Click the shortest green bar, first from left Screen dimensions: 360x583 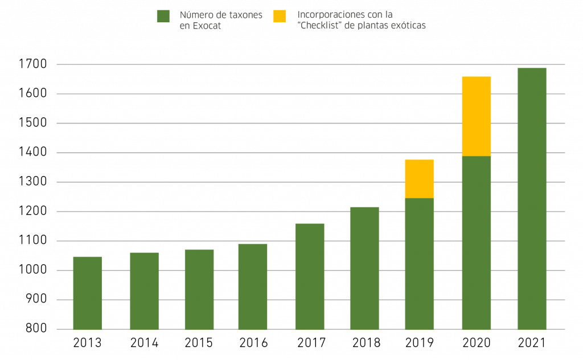pos(87,293)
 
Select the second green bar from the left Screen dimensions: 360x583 pos(144,291)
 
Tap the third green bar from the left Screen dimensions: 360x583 pos(199,289)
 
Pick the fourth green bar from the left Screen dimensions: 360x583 pos(253,286)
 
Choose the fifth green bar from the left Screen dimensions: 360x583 pos(310,276)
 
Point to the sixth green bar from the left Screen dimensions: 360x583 pos(364,268)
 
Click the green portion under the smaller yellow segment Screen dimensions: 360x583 pos(420,264)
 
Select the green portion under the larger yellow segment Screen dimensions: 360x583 pos(477,243)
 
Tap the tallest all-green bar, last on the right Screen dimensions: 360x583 pos(532,198)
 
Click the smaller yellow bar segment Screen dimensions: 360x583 pos(420,178)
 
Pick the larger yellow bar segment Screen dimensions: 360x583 pos(477,116)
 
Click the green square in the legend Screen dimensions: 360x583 pos(163,16)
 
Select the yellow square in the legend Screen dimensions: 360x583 pos(279,16)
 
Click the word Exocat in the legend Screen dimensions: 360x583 pos(208,26)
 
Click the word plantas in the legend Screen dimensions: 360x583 pos(372,26)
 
